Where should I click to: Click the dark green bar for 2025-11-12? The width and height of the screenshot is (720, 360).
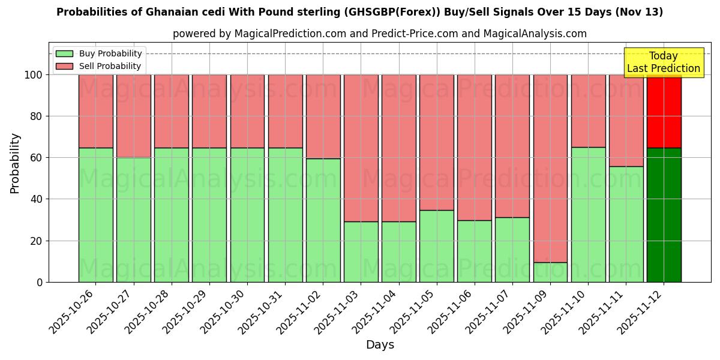pos(664,215)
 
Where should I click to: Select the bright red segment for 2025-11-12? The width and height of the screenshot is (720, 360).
pos(664,111)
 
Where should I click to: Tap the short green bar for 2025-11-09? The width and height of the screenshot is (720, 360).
pos(550,272)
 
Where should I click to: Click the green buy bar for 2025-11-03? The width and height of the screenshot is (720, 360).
pos(361,251)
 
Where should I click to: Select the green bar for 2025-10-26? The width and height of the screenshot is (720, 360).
pos(95,215)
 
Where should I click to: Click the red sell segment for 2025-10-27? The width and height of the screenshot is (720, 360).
pos(133,116)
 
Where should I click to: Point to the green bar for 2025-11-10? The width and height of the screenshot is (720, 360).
pos(588,214)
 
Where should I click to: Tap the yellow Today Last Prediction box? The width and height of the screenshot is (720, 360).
pos(663,62)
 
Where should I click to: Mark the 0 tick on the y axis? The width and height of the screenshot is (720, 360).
pos(40,282)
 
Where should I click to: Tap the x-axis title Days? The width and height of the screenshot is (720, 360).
pos(380,345)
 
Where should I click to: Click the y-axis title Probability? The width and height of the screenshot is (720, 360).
pos(15,163)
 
